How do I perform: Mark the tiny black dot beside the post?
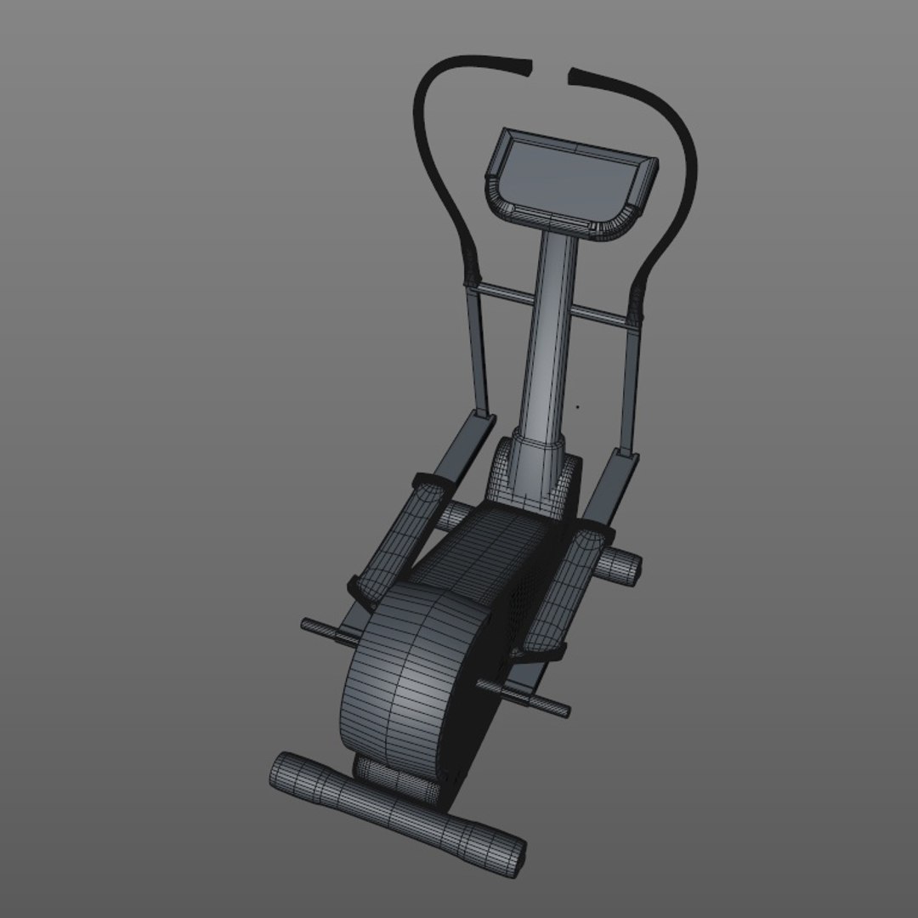[578, 406]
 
